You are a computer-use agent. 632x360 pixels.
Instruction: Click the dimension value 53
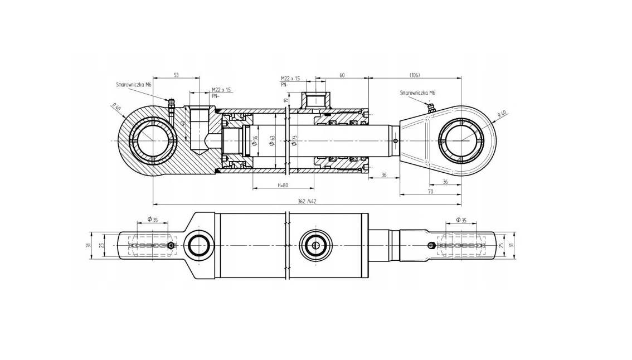coord(176,75)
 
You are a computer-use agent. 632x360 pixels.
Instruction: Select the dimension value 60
coord(342,75)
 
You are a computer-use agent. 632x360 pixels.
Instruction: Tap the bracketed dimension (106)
coord(414,75)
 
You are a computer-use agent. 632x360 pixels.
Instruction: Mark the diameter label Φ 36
coord(255,140)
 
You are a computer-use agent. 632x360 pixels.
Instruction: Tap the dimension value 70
coord(430,191)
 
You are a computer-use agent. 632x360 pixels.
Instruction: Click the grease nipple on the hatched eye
coord(172,103)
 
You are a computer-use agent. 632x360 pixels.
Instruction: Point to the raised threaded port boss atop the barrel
coord(316,100)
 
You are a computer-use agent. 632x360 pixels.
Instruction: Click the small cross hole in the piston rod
coord(395,140)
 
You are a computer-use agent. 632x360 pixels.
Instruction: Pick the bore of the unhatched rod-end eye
coord(460,140)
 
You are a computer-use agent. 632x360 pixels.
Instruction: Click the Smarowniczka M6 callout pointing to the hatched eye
coord(134,85)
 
